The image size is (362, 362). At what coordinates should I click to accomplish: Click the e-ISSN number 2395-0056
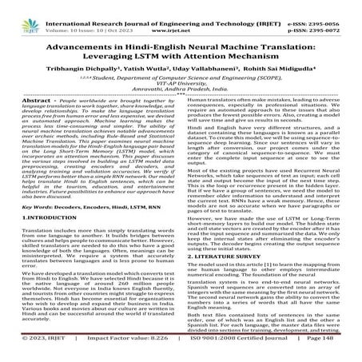coord(332,6)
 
